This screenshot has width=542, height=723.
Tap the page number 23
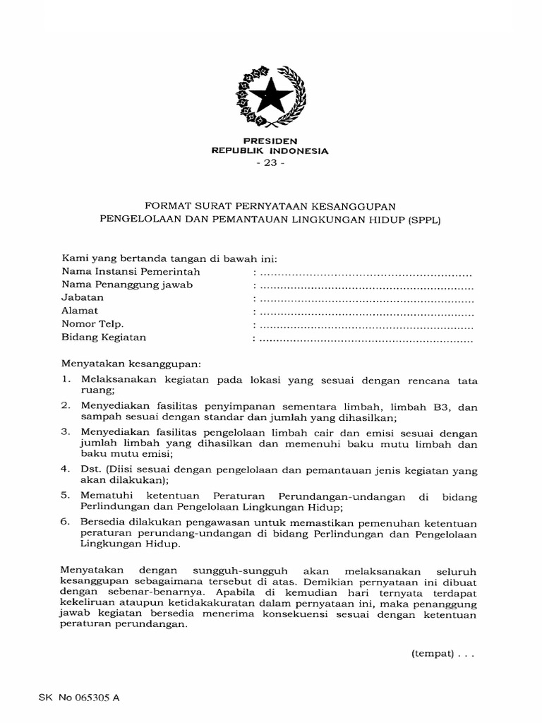click(x=270, y=162)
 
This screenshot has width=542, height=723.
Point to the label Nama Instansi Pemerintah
click(x=131, y=272)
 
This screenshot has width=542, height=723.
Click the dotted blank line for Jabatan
click(x=366, y=299)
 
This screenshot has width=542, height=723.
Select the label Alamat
click(x=80, y=311)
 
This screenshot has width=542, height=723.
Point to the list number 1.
click(x=65, y=381)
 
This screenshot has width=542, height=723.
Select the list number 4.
click(x=65, y=469)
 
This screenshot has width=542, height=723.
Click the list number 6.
click(x=65, y=522)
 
